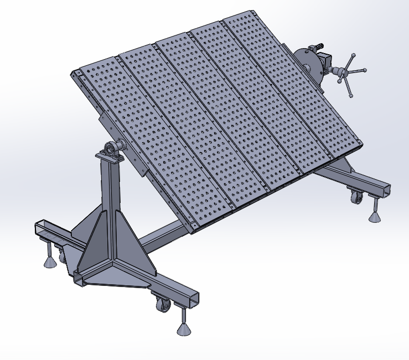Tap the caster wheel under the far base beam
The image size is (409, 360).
pyautogui.click(x=354, y=195)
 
